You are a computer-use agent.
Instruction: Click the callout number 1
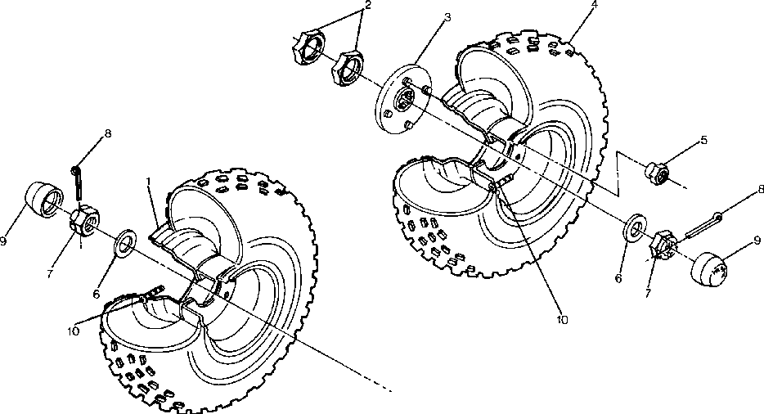point(149,178)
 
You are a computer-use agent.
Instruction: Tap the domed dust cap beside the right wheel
point(711,268)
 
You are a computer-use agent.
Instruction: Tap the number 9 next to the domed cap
point(757,240)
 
